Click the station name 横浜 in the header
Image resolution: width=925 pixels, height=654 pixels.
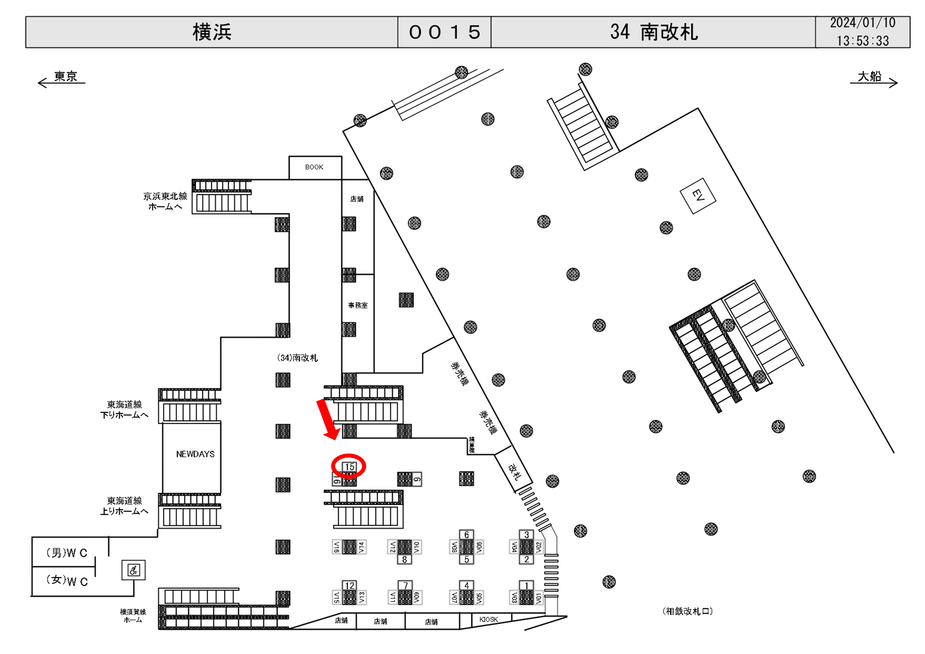[212, 32]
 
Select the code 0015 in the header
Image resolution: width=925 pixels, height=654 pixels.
[444, 32]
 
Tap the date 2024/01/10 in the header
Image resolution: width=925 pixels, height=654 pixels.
[863, 23]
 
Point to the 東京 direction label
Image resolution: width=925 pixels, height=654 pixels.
[65, 76]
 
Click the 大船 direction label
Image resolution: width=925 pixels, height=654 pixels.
[869, 76]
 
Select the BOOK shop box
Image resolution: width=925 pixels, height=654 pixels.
[314, 167]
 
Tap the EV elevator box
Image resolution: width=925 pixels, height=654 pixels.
[698, 196]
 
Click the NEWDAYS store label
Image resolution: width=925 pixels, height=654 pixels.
[195, 454]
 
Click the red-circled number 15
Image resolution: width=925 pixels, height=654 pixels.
[349, 467]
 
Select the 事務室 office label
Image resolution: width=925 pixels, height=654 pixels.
[358, 305]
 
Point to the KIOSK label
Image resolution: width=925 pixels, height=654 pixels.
[488, 619]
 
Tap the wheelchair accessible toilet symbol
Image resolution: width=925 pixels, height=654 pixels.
[133, 570]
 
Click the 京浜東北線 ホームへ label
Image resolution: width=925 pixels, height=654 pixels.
[165, 201]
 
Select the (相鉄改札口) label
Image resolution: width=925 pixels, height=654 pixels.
[687, 611]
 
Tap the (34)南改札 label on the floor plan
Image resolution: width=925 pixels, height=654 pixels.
[297, 358]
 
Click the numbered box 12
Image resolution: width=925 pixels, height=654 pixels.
[349, 585]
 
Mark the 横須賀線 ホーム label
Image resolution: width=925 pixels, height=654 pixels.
[133, 616]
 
